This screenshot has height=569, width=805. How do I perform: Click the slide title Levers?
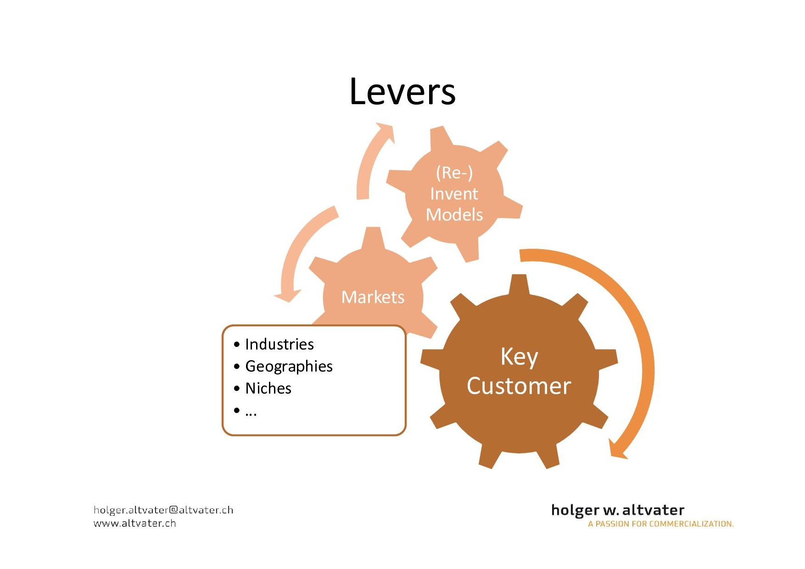402,91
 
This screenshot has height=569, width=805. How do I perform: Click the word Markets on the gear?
373,297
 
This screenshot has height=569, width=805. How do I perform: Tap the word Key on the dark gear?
519,357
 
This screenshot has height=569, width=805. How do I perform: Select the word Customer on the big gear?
519,386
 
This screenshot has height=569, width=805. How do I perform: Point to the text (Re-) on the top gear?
454,173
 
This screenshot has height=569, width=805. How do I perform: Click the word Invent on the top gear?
454,194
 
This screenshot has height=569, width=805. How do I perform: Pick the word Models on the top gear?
454,215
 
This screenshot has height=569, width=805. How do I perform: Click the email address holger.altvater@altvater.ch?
163,510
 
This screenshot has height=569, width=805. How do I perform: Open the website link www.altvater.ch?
134,523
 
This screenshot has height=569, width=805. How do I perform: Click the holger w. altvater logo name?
618,510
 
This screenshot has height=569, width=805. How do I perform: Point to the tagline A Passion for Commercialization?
661,524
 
